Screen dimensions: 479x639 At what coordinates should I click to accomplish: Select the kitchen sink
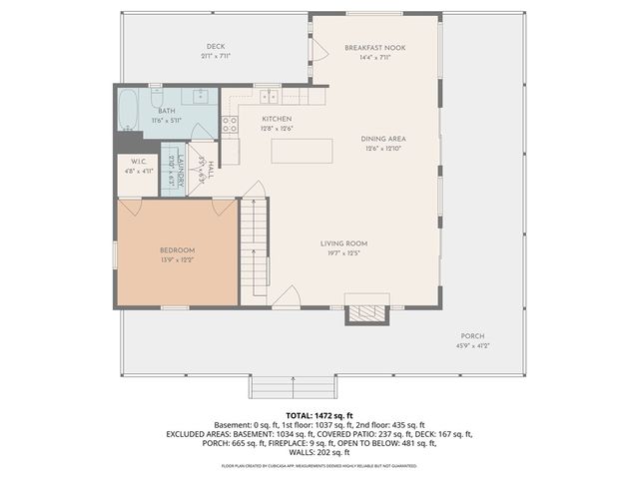[x=268, y=96]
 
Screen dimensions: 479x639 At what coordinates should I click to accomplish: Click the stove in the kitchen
[x=230, y=125]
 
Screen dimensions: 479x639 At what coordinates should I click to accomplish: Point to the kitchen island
[x=301, y=151]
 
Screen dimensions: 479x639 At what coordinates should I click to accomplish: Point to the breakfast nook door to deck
[x=320, y=49]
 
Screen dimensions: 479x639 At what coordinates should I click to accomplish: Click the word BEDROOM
[x=178, y=249]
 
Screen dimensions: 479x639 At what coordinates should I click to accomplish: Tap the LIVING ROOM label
[x=344, y=243]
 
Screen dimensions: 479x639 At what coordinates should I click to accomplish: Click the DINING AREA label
[x=384, y=139]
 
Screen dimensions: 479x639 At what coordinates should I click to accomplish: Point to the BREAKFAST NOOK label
[x=375, y=48]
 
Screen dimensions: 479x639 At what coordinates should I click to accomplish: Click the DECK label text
[x=216, y=47]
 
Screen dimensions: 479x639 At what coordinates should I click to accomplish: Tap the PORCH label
[x=472, y=335]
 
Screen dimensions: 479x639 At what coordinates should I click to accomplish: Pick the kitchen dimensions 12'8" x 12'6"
[x=249, y=128]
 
